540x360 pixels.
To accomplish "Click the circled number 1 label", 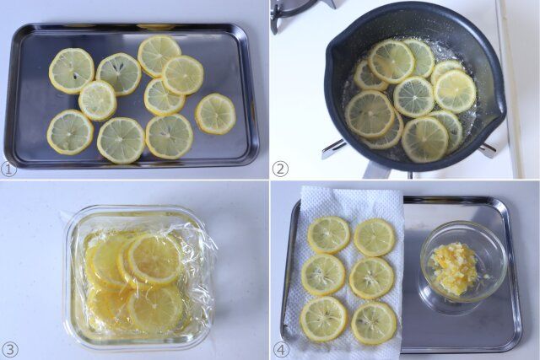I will tap(9, 169).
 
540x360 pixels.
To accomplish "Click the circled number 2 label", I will tap(280, 169).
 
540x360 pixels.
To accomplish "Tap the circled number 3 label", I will tap(9, 349).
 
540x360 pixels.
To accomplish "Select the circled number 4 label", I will tap(280, 349).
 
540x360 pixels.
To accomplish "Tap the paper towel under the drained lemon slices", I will tap(346, 202).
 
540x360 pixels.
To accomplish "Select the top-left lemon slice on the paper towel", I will tap(328, 234).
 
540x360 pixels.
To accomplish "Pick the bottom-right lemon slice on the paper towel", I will tap(373, 322).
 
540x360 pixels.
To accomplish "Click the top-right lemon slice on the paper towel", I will tap(374, 238).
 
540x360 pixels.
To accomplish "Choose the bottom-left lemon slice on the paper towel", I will tap(323, 318).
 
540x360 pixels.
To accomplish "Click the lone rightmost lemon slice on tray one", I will tap(216, 113).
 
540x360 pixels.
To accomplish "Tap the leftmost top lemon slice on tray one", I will tap(71, 70).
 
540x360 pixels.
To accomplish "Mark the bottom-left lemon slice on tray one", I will tap(70, 132).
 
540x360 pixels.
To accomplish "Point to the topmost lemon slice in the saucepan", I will tap(391, 60).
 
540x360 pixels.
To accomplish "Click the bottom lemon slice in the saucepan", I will tap(424, 138).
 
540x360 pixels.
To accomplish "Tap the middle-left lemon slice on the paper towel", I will tap(323, 274).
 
